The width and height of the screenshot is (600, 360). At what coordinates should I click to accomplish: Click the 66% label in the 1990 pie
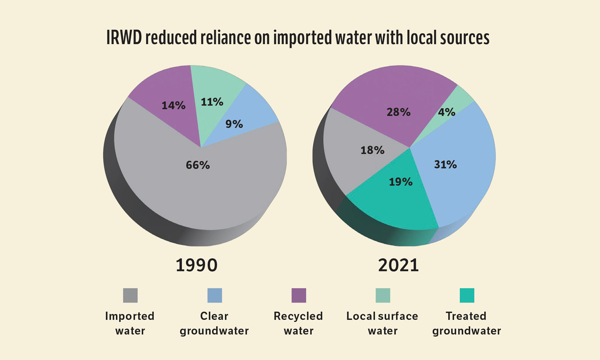[198, 165]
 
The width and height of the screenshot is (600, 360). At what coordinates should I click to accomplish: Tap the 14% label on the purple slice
[173, 105]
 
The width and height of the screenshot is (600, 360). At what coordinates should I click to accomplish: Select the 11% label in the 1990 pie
[212, 102]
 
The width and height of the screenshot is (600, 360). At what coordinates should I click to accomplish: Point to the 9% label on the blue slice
[234, 124]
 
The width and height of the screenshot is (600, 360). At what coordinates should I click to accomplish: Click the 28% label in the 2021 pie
[398, 112]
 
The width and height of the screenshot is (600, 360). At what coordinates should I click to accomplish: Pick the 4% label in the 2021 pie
[447, 112]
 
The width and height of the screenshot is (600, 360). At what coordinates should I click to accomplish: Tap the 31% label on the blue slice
[445, 165]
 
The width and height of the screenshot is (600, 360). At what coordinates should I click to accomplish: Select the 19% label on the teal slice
[400, 182]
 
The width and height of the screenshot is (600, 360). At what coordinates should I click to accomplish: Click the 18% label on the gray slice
[372, 150]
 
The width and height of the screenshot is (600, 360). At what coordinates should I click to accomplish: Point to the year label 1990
[196, 265]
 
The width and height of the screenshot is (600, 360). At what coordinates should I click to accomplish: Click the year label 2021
[398, 265]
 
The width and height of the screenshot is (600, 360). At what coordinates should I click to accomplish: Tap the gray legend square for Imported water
[130, 295]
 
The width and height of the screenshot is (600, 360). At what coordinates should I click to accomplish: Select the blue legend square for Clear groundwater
[214, 295]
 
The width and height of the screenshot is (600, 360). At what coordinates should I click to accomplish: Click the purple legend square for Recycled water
[298, 295]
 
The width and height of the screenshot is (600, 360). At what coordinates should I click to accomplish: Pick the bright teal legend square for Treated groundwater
[466, 295]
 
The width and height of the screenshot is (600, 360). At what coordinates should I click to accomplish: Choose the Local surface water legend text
[382, 323]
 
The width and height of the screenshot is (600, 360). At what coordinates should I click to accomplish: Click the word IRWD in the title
[123, 38]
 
